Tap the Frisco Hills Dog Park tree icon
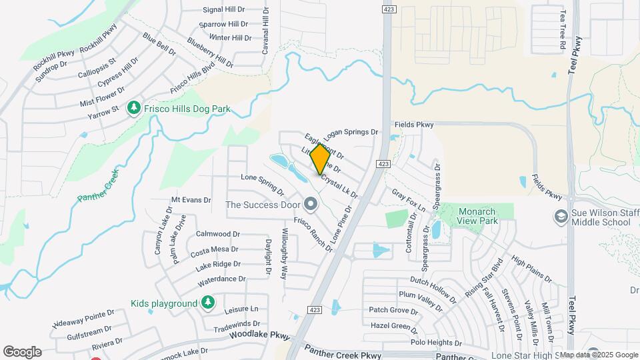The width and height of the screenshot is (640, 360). (134, 108)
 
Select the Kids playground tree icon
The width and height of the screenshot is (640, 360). (208, 303)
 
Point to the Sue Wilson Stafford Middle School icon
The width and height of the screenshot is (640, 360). (561, 217)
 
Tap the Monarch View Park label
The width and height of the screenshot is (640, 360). (478, 215)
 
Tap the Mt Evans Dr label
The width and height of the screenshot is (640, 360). (191, 199)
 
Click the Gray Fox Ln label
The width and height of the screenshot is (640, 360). (408, 200)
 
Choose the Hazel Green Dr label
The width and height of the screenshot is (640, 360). (393, 326)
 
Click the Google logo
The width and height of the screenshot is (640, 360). (23, 351)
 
